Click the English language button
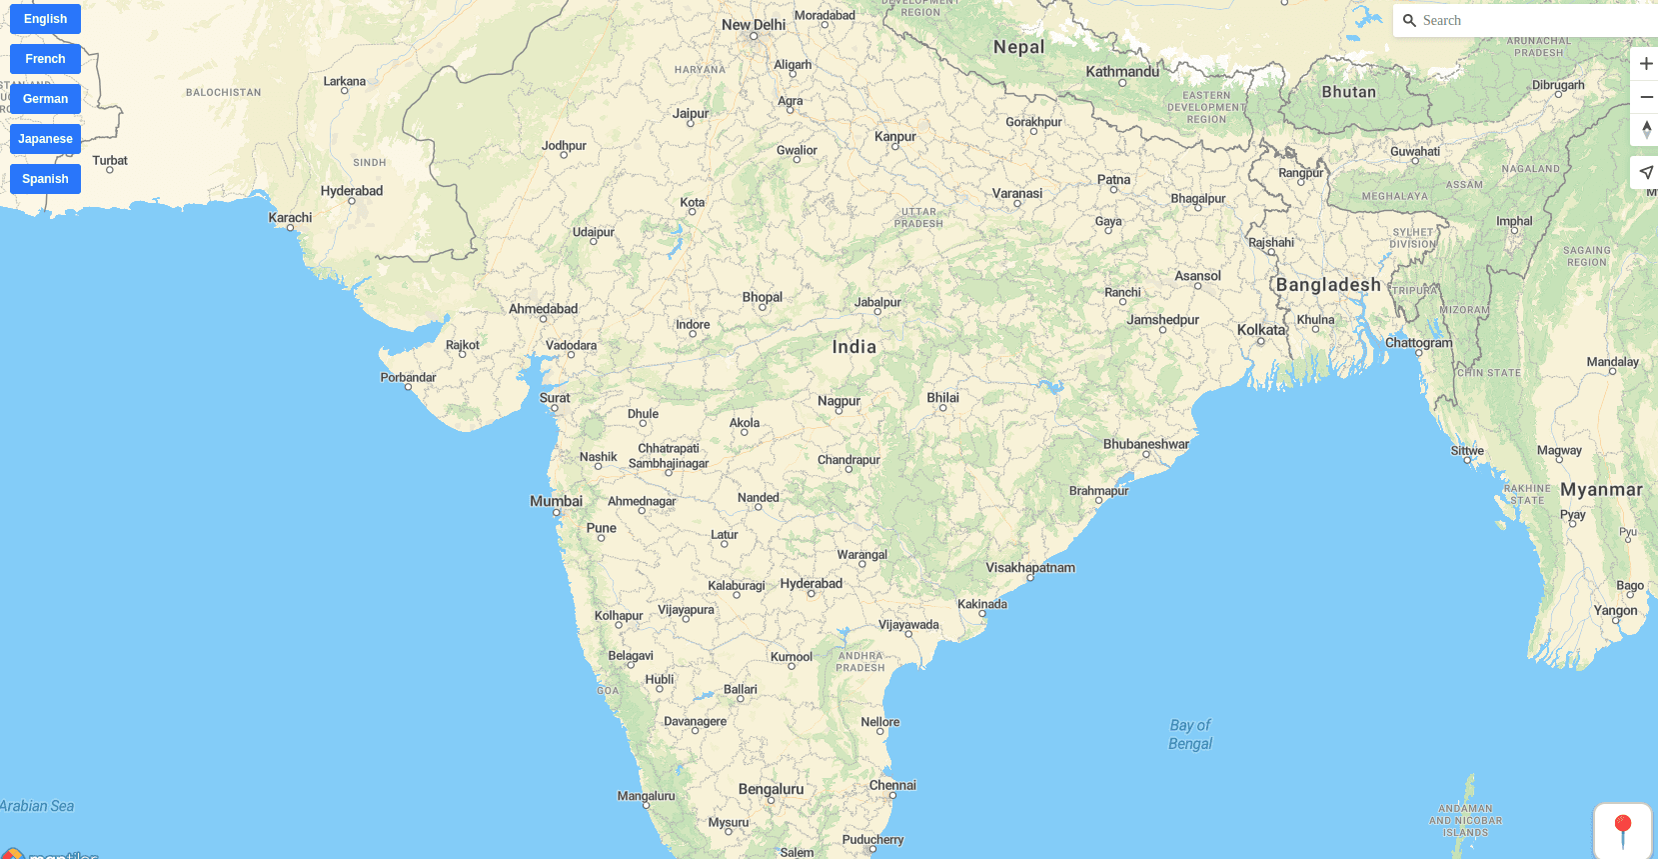point(45,19)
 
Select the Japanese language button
point(45,139)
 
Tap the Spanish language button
point(45,179)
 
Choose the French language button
point(45,59)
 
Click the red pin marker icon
point(1623,830)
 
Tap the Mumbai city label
point(556,501)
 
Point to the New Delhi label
point(754,25)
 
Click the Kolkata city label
point(1261,330)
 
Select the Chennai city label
point(892,785)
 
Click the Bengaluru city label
point(771,789)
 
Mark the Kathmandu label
point(1122,72)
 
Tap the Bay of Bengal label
point(1190,735)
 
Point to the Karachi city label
point(290,217)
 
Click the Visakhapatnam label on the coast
point(1030,567)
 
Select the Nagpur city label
point(838,401)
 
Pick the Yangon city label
point(1615,610)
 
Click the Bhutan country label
point(1348,92)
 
